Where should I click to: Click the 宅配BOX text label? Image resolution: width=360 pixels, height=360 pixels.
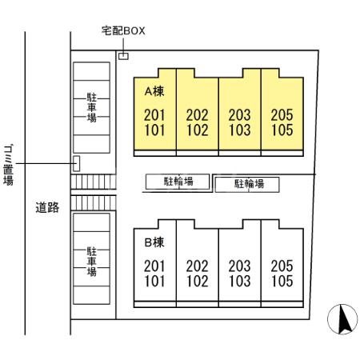pyautogui.click(x=123, y=31)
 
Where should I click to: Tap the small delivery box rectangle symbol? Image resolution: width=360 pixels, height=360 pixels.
pyautogui.click(x=123, y=56)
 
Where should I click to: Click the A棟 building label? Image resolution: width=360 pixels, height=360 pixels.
pyautogui.click(x=154, y=91)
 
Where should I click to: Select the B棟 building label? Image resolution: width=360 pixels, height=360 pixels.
pyautogui.click(x=154, y=242)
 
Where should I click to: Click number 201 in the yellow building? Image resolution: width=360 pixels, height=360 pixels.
pyautogui.click(x=154, y=115)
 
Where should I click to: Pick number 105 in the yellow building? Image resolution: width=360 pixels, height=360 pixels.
pyautogui.click(x=282, y=130)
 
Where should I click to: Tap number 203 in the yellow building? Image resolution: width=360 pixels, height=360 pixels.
pyautogui.click(x=239, y=115)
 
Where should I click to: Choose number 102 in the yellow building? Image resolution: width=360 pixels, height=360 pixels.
pyautogui.click(x=198, y=130)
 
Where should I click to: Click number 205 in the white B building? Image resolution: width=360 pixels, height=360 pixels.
pyautogui.click(x=282, y=266)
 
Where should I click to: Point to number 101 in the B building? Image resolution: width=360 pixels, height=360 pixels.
pyautogui.click(x=154, y=281)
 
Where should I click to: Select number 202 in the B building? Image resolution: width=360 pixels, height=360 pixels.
pyautogui.click(x=198, y=266)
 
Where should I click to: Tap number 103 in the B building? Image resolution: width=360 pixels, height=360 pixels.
pyautogui.click(x=239, y=281)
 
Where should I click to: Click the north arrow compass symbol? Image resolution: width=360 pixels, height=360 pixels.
pyautogui.click(x=342, y=319)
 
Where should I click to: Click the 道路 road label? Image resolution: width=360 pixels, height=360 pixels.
pyautogui.click(x=47, y=207)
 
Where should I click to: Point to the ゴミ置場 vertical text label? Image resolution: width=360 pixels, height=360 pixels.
pyautogui.click(x=9, y=165)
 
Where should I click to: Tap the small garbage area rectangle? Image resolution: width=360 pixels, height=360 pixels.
pyautogui.click(x=76, y=163)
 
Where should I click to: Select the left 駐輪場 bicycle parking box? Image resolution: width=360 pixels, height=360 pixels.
pyautogui.click(x=178, y=182)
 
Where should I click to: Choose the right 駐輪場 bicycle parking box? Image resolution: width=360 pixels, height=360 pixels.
pyautogui.click(x=247, y=185)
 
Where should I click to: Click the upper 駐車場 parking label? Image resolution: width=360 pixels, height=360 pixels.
pyautogui.click(x=92, y=107)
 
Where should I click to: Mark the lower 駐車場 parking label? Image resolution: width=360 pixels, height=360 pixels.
pyautogui.click(x=92, y=262)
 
